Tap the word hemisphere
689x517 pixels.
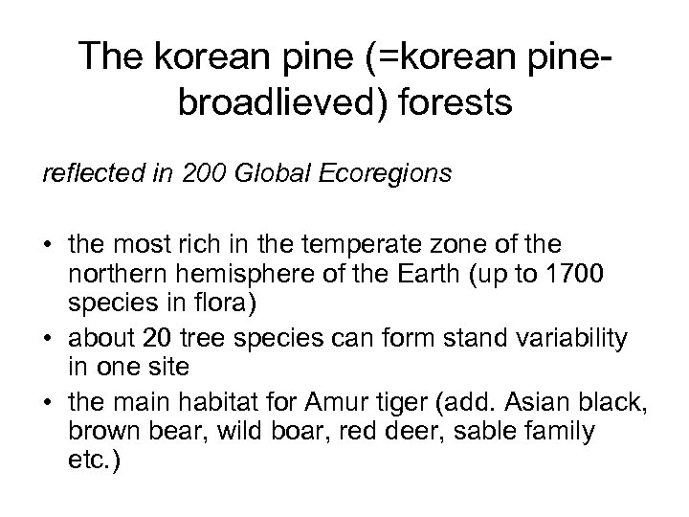coord(209,278)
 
